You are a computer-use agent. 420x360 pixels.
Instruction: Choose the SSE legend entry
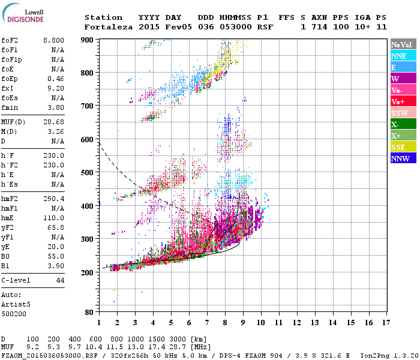[398, 147]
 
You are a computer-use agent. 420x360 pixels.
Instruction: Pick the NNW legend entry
[400, 158]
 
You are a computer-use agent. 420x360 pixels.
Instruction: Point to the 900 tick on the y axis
[87, 40]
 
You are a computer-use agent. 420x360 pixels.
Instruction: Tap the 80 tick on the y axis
[89, 313]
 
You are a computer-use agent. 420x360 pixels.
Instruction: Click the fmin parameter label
[10, 108]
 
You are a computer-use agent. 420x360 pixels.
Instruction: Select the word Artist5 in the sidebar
[14, 304]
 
